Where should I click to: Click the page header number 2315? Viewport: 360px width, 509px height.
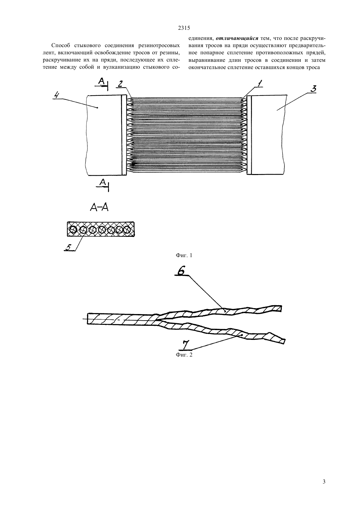point(184,28)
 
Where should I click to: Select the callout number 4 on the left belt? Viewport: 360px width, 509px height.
point(56,95)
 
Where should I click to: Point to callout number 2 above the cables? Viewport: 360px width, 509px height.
point(120,84)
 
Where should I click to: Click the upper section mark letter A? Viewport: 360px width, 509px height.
point(101,81)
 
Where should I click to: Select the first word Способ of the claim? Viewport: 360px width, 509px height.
point(61,45)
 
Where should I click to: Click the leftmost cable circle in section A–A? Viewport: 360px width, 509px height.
point(73,230)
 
